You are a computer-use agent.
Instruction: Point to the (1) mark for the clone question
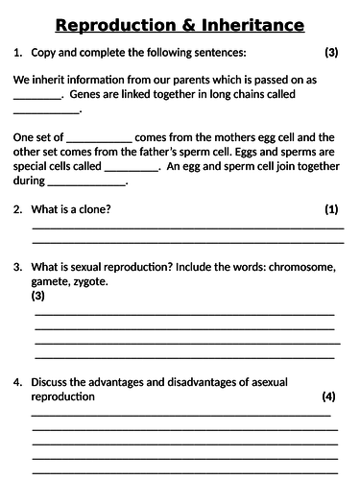click(x=330, y=208)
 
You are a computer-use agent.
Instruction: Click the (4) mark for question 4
click(x=329, y=396)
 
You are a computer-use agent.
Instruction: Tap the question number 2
click(x=17, y=208)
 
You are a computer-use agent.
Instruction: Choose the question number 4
click(x=17, y=380)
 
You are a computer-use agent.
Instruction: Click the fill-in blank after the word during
click(x=88, y=180)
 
